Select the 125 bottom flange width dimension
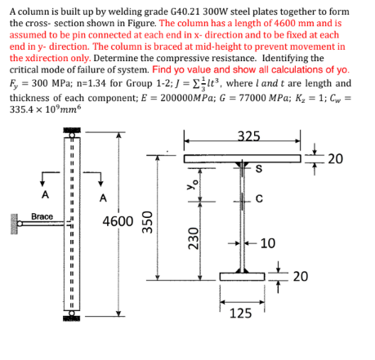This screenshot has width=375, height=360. [x=240, y=313]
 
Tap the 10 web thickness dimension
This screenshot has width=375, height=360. [x=268, y=243]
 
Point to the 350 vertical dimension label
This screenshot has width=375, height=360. [x=148, y=223]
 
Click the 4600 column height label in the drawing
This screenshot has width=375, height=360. [x=118, y=221]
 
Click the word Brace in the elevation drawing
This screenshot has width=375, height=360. [x=42, y=216]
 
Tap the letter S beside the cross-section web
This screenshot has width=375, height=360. [x=259, y=170]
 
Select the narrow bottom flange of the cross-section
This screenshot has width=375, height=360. [x=242, y=276]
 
